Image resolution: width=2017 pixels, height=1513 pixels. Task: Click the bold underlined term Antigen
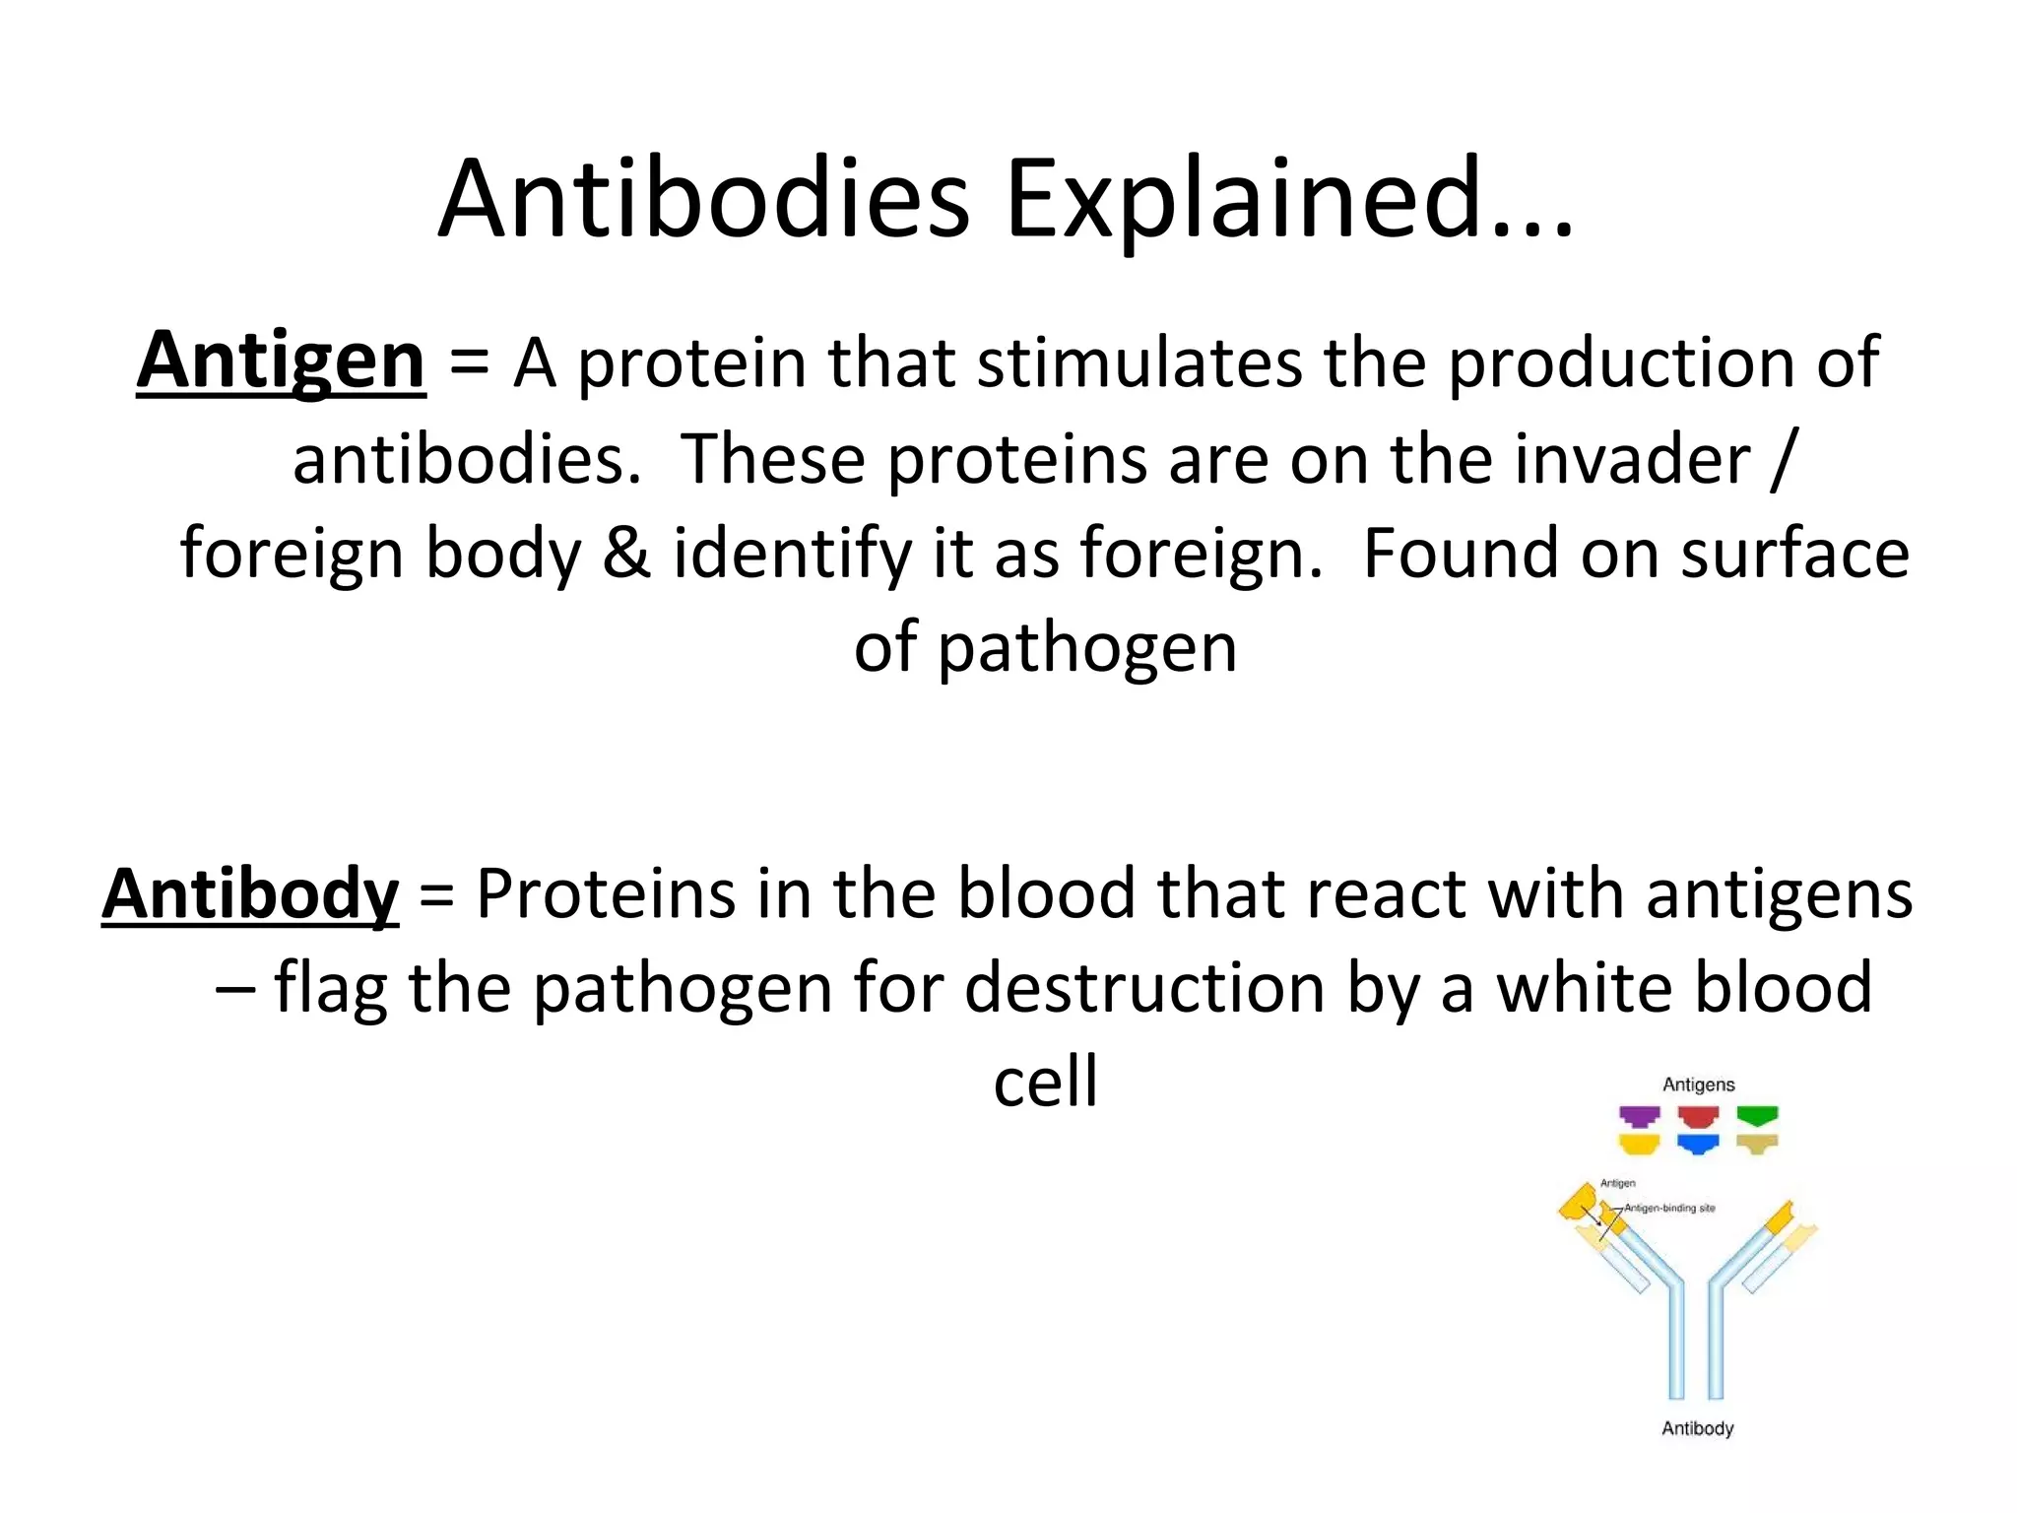pyautogui.click(x=281, y=362)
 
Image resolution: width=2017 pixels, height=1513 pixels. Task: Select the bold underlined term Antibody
pyautogui.click(x=250, y=894)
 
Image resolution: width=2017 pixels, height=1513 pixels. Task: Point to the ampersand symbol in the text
pyautogui.click(x=626, y=553)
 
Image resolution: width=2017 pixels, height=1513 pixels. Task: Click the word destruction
pyautogui.click(x=1143, y=988)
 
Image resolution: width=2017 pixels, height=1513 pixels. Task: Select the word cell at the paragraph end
pyautogui.click(x=1045, y=1082)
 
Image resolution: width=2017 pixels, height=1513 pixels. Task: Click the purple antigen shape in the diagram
pyautogui.click(x=1639, y=1116)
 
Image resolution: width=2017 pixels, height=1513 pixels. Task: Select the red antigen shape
pyautogui.click(x=1698, y=1116)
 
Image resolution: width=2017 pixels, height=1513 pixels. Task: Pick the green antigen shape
pyautogui.click(x=1757, y=1116)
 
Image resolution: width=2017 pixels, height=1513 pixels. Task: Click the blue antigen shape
pyautogui.click(x=1698, y=1144)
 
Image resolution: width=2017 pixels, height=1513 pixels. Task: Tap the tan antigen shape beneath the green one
pyautogui.click(x=1757, y=1144)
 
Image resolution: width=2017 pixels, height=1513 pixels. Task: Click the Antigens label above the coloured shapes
pyautogui.click(x=1698, y=1085)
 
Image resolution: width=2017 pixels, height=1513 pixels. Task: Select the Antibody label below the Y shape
pyautogui.click(x=1697, y=1428)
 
